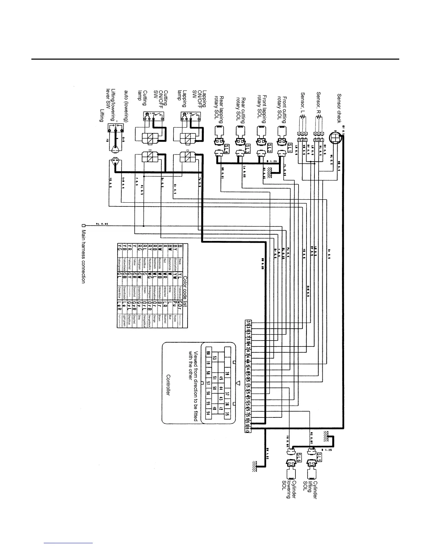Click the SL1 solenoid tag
coord(290,146)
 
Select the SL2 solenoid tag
coord(270,147)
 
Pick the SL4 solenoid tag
coord(227,148)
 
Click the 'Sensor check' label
coord(339,108)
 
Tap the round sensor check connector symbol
coord(334,138)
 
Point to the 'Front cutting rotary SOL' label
coord(282,107)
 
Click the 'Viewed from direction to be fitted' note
coord(193,386)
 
